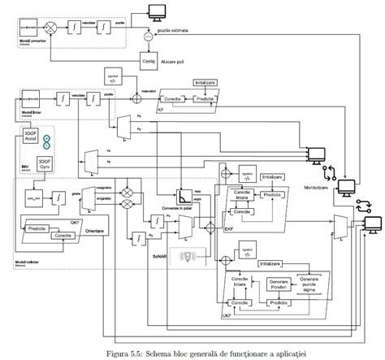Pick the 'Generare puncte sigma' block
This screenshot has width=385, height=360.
pyautogui.click(x=314, y=283)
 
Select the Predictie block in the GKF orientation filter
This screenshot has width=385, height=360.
pyautogui.click(x=38, y=228)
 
